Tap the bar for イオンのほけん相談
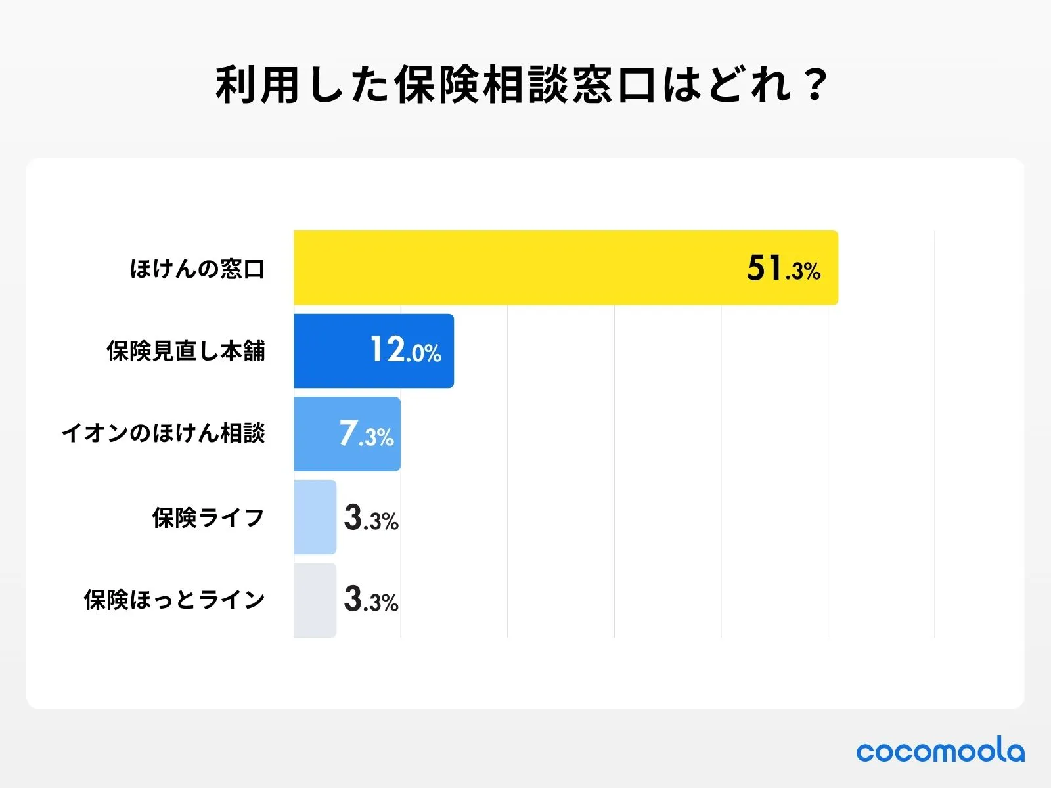click(315, 434)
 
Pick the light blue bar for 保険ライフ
click(315, 517)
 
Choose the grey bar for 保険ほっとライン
click(315, 600)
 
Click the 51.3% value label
click(783, 269)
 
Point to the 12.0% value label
click(405, 350)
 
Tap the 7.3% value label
click(366, 434)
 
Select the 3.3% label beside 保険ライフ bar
click(371, 518)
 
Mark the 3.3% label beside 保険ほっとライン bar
click(371, 600)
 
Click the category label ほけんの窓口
click(197, 269)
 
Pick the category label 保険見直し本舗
click(186, 351)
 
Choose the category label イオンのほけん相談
click(163, 433)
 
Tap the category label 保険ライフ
click(208, 517)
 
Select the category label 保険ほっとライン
click(174, 600)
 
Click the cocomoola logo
click(940, 751)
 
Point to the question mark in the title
click(816, 85)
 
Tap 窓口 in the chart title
click(614, 85)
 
